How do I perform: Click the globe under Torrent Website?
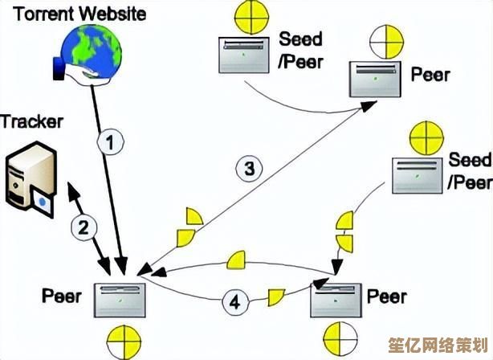[91, 51]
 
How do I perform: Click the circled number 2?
[84, 227]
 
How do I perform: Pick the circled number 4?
[234, 302]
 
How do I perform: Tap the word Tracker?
[31, 122]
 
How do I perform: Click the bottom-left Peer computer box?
[120, 301]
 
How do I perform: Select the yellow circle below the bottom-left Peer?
[119, 342]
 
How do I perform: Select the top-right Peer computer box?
[373, 79]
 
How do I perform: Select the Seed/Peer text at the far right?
[470, 170]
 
